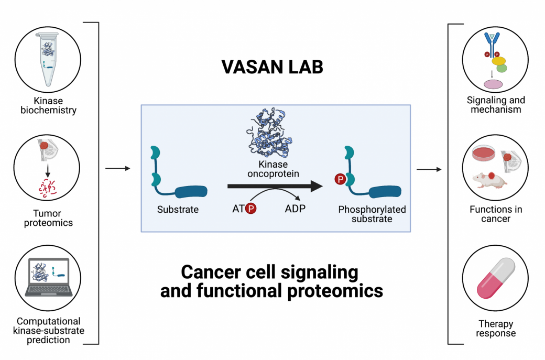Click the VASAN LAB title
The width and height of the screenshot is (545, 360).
tap(272, 68)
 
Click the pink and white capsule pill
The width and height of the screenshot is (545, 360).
tap(495, 277)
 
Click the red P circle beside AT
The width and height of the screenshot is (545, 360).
tap(251, 209)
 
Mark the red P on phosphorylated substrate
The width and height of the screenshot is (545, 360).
tap(340, 180)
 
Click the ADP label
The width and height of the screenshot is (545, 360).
tap(295, 209)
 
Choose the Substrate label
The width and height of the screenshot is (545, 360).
tap(178, 210)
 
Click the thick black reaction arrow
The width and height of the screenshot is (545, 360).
tap(275, 186)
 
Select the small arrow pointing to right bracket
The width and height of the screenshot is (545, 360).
tap(428, 169)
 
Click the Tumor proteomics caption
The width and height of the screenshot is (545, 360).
tap(48, 218)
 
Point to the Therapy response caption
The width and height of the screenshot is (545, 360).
tap(495, 329)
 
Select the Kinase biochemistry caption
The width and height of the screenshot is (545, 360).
tap(48, 105)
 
